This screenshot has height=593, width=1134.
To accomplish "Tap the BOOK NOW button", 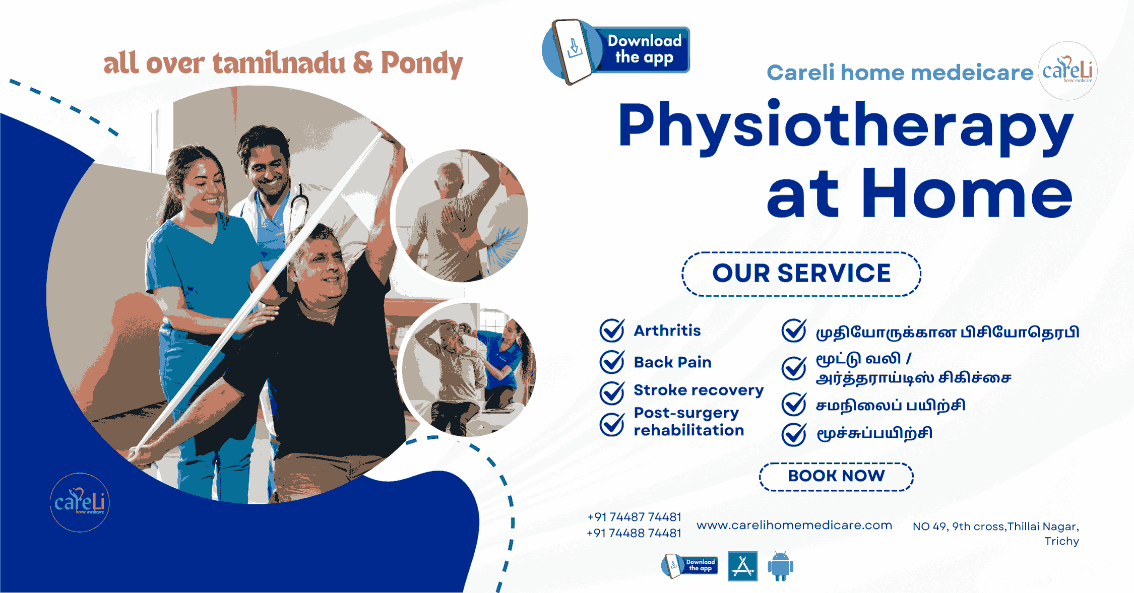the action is pos(836,476).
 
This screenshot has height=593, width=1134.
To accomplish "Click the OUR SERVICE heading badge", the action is pos(801,274).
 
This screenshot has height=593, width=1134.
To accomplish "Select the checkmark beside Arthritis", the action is pos(612,330).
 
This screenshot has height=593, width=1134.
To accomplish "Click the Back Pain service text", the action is pos(672,362).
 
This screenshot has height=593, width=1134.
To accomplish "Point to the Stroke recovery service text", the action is pos(699,390).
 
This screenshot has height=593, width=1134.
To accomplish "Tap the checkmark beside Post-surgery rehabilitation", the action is pos(612,424).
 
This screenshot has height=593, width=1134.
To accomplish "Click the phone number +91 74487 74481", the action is pos(634,517).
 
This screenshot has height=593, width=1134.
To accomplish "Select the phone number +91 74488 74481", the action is pos(634,533).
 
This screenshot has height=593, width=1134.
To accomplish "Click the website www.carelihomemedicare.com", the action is pos(794,525).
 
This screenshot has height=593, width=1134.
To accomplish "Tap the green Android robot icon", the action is pos(780,566).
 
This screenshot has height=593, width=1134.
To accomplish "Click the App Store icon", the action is pos(742,566).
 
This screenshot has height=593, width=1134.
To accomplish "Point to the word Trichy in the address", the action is pos(1061,541).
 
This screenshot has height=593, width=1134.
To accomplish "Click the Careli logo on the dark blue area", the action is pos(80,502).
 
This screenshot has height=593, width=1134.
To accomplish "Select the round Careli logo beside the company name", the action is pos(1067,71).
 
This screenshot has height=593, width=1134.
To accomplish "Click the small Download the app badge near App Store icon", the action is pos(689,566).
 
